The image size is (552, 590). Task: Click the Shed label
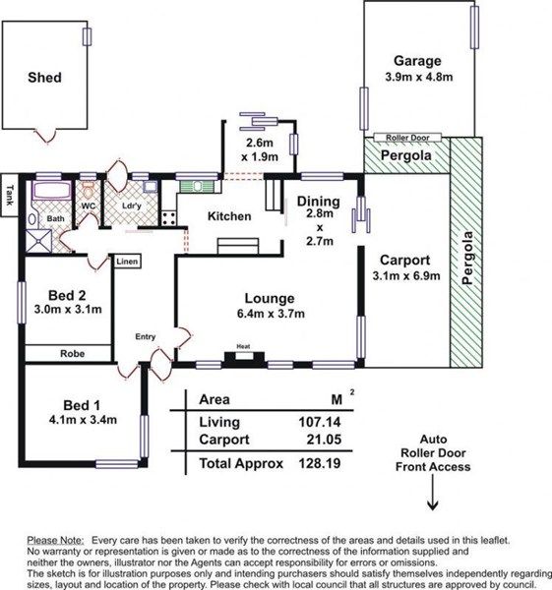tap(44, 78)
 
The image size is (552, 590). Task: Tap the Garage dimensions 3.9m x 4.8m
tap(419, 77)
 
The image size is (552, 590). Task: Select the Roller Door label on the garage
tap(407, 138)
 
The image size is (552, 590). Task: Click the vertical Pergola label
tap(466, 258)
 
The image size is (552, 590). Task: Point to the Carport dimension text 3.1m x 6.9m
tap(406, 275)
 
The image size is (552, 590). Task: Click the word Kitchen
tap(229, 216)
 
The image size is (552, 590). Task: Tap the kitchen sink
tap(198, 186)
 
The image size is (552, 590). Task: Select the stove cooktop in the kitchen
tap(168, 218)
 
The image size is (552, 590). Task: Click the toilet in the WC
tap(88, 192)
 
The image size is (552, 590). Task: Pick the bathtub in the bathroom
tap(51, 190)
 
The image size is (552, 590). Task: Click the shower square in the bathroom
tap(38, 241)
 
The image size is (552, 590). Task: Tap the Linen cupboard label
tap(127, 262)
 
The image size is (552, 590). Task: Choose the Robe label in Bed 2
tap(72, 354)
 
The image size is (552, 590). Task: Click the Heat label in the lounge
tap(243, 346)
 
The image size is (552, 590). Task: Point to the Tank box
tap(9, 195)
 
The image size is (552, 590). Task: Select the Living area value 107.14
tap(320, 422)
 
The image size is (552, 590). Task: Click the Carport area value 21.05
tap(324, 440)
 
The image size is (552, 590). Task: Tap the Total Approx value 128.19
tap(320, 463)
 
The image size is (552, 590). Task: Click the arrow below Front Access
tap(433, 492)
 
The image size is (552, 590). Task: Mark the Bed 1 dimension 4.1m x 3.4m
tap(83, 420)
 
